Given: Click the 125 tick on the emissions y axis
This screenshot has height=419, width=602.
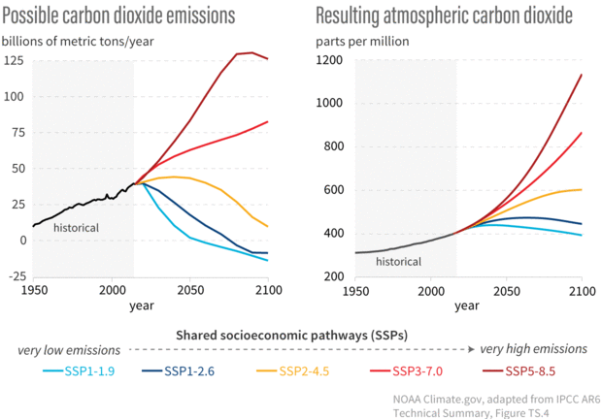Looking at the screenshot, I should click(x=13, y=61).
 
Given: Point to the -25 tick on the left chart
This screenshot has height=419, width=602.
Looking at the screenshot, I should click(x=13, y=276).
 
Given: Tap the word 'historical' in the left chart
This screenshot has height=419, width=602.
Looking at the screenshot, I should click(x=76, y=227).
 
